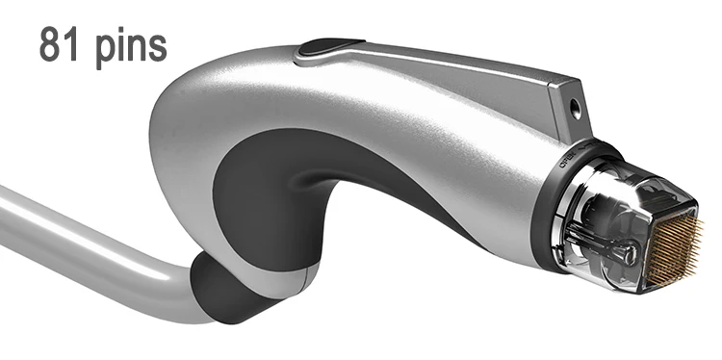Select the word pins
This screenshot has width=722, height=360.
click(131, 46)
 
